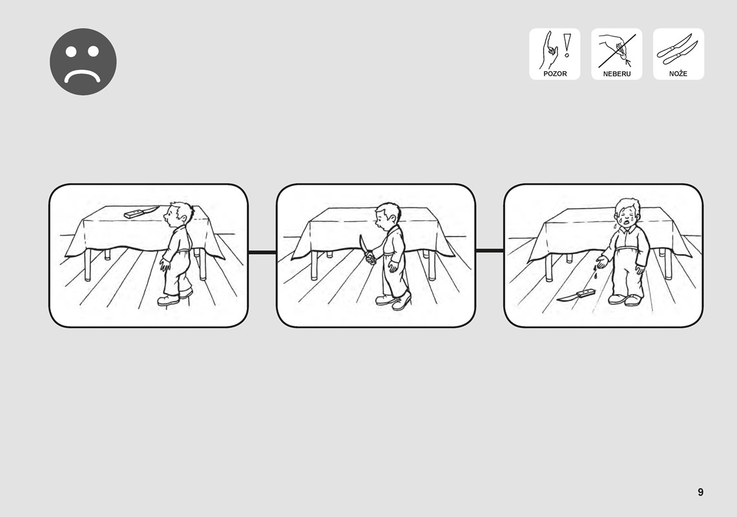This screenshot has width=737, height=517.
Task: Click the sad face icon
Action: pos(83,61)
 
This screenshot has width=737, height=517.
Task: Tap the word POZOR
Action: pos(555,74)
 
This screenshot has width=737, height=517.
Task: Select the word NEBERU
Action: pos(617,74)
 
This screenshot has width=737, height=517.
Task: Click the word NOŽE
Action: pos(678,74)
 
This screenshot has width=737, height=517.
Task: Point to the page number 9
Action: pos(700,492)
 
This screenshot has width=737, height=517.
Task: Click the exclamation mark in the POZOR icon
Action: pos(567,45)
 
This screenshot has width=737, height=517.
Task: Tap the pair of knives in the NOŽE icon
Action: pos(678,49)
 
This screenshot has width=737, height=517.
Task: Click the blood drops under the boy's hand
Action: pos(595,271)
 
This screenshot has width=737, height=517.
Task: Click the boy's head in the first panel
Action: pos(178,214)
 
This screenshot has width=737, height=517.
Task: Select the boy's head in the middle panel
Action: pos(388,216)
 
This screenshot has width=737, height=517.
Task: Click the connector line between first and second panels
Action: pos(262,253)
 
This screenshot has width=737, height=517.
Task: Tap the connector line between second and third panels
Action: pos(490,251)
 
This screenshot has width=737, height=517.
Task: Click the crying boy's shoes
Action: pos(625,299)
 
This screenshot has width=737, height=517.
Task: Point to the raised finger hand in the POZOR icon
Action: pos(549,50)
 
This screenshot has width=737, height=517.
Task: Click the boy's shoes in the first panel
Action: pos(175,297)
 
